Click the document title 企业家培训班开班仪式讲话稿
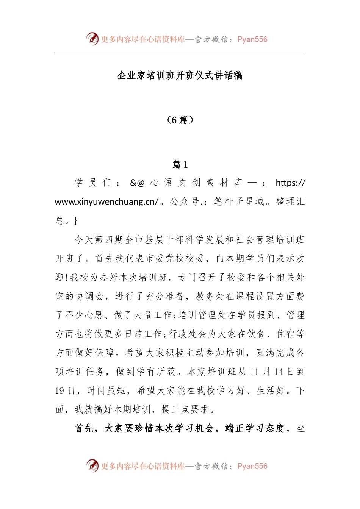click(180, 75)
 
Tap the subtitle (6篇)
click(180, 120)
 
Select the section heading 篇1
click(180, 164)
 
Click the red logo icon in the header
click(92, 39)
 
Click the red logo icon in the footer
click(92, 465)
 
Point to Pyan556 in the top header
click(252, 39)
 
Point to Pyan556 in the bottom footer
click(252, 466)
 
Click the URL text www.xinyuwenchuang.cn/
click(106, 201)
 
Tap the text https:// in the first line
click(290, 183)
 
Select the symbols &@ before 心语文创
click(137, 183)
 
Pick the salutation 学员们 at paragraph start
click(93, 183)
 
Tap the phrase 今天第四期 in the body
click(99, 240)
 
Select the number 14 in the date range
click(279, 372)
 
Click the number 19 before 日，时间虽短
click(59, 391)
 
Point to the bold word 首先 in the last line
click(84, 428)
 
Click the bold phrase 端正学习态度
click(255, 428)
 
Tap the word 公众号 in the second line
click(185, 201)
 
